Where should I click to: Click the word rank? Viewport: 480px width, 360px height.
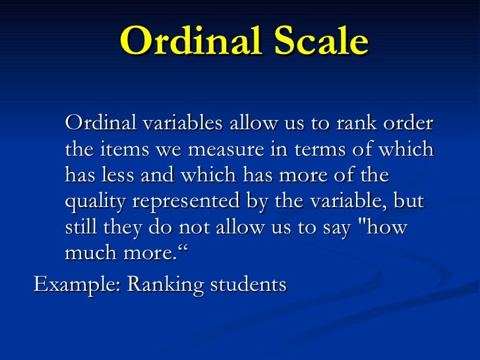pos(357,123)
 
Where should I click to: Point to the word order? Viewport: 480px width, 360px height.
pos(409,123)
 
